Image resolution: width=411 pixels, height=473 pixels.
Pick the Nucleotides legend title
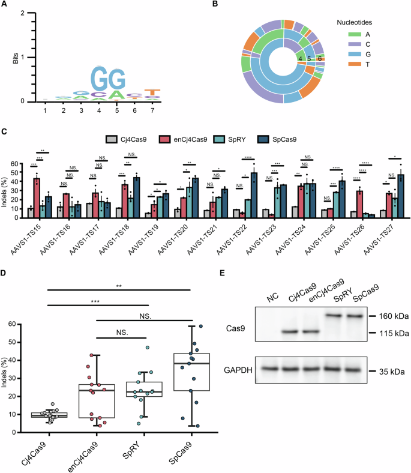350,22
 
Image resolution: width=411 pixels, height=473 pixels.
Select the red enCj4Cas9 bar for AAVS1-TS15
37,197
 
